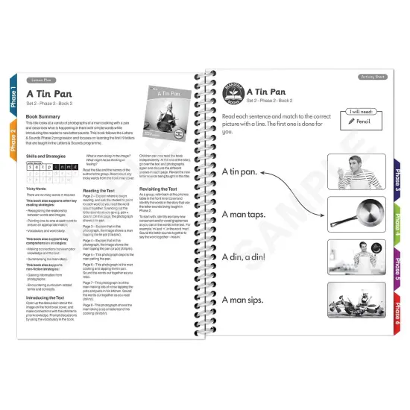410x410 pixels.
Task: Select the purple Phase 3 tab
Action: [x=396, y=179]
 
